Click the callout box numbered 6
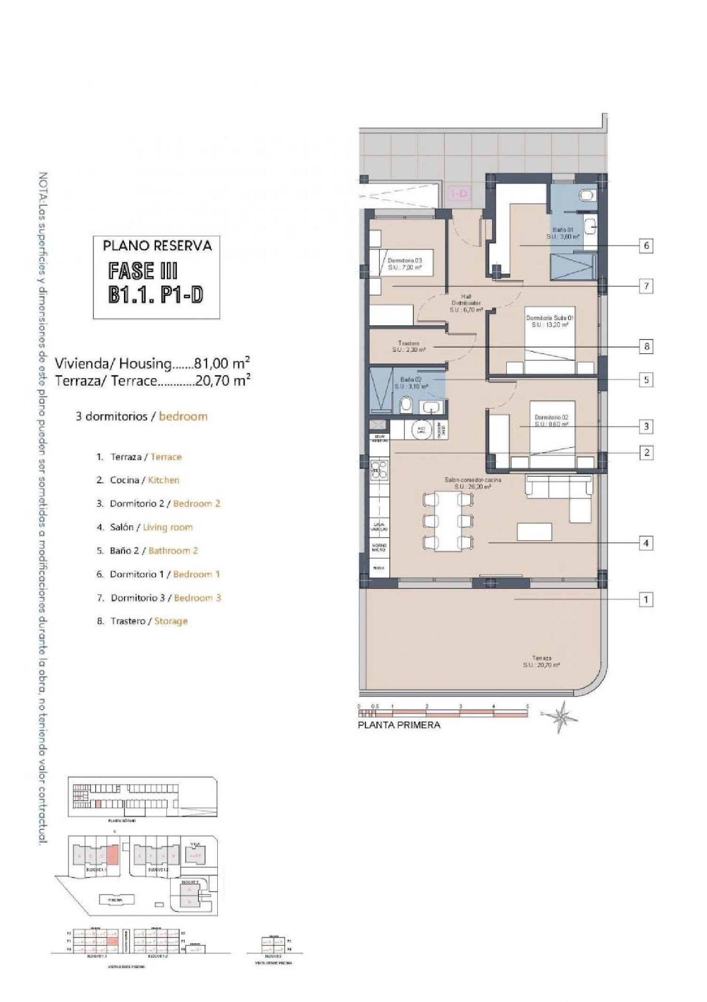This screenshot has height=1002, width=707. click(x=646, y=245)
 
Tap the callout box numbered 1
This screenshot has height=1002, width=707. click(x=646, y=600)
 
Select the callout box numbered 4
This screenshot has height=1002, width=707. click(x=646, y=543)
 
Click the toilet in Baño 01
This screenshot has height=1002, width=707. click(x=588, y=195)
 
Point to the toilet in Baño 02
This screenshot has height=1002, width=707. click(x=406, y=405)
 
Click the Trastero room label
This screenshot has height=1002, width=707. click(x=409, y=347)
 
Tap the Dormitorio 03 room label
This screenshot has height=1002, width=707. click(x=404, y=264)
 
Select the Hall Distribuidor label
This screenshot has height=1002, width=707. click(x=466, y=303)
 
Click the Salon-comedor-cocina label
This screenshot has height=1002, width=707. click(x=473, y=483)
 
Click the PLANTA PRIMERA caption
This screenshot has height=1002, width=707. click(x=399, y=725)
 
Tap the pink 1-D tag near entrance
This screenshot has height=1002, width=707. click(x=459, y=193)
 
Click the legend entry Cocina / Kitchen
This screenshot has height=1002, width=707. click(x=144, y=480)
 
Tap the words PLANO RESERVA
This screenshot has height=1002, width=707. click(x=157, y=245)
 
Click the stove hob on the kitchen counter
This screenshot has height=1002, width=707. click(x=379, y=470)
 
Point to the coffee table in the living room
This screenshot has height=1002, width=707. click(x=534, y=531)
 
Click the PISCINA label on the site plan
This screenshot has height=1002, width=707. click(x=116, y=900)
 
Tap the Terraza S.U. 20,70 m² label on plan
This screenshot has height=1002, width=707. click(x=542, y=661)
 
